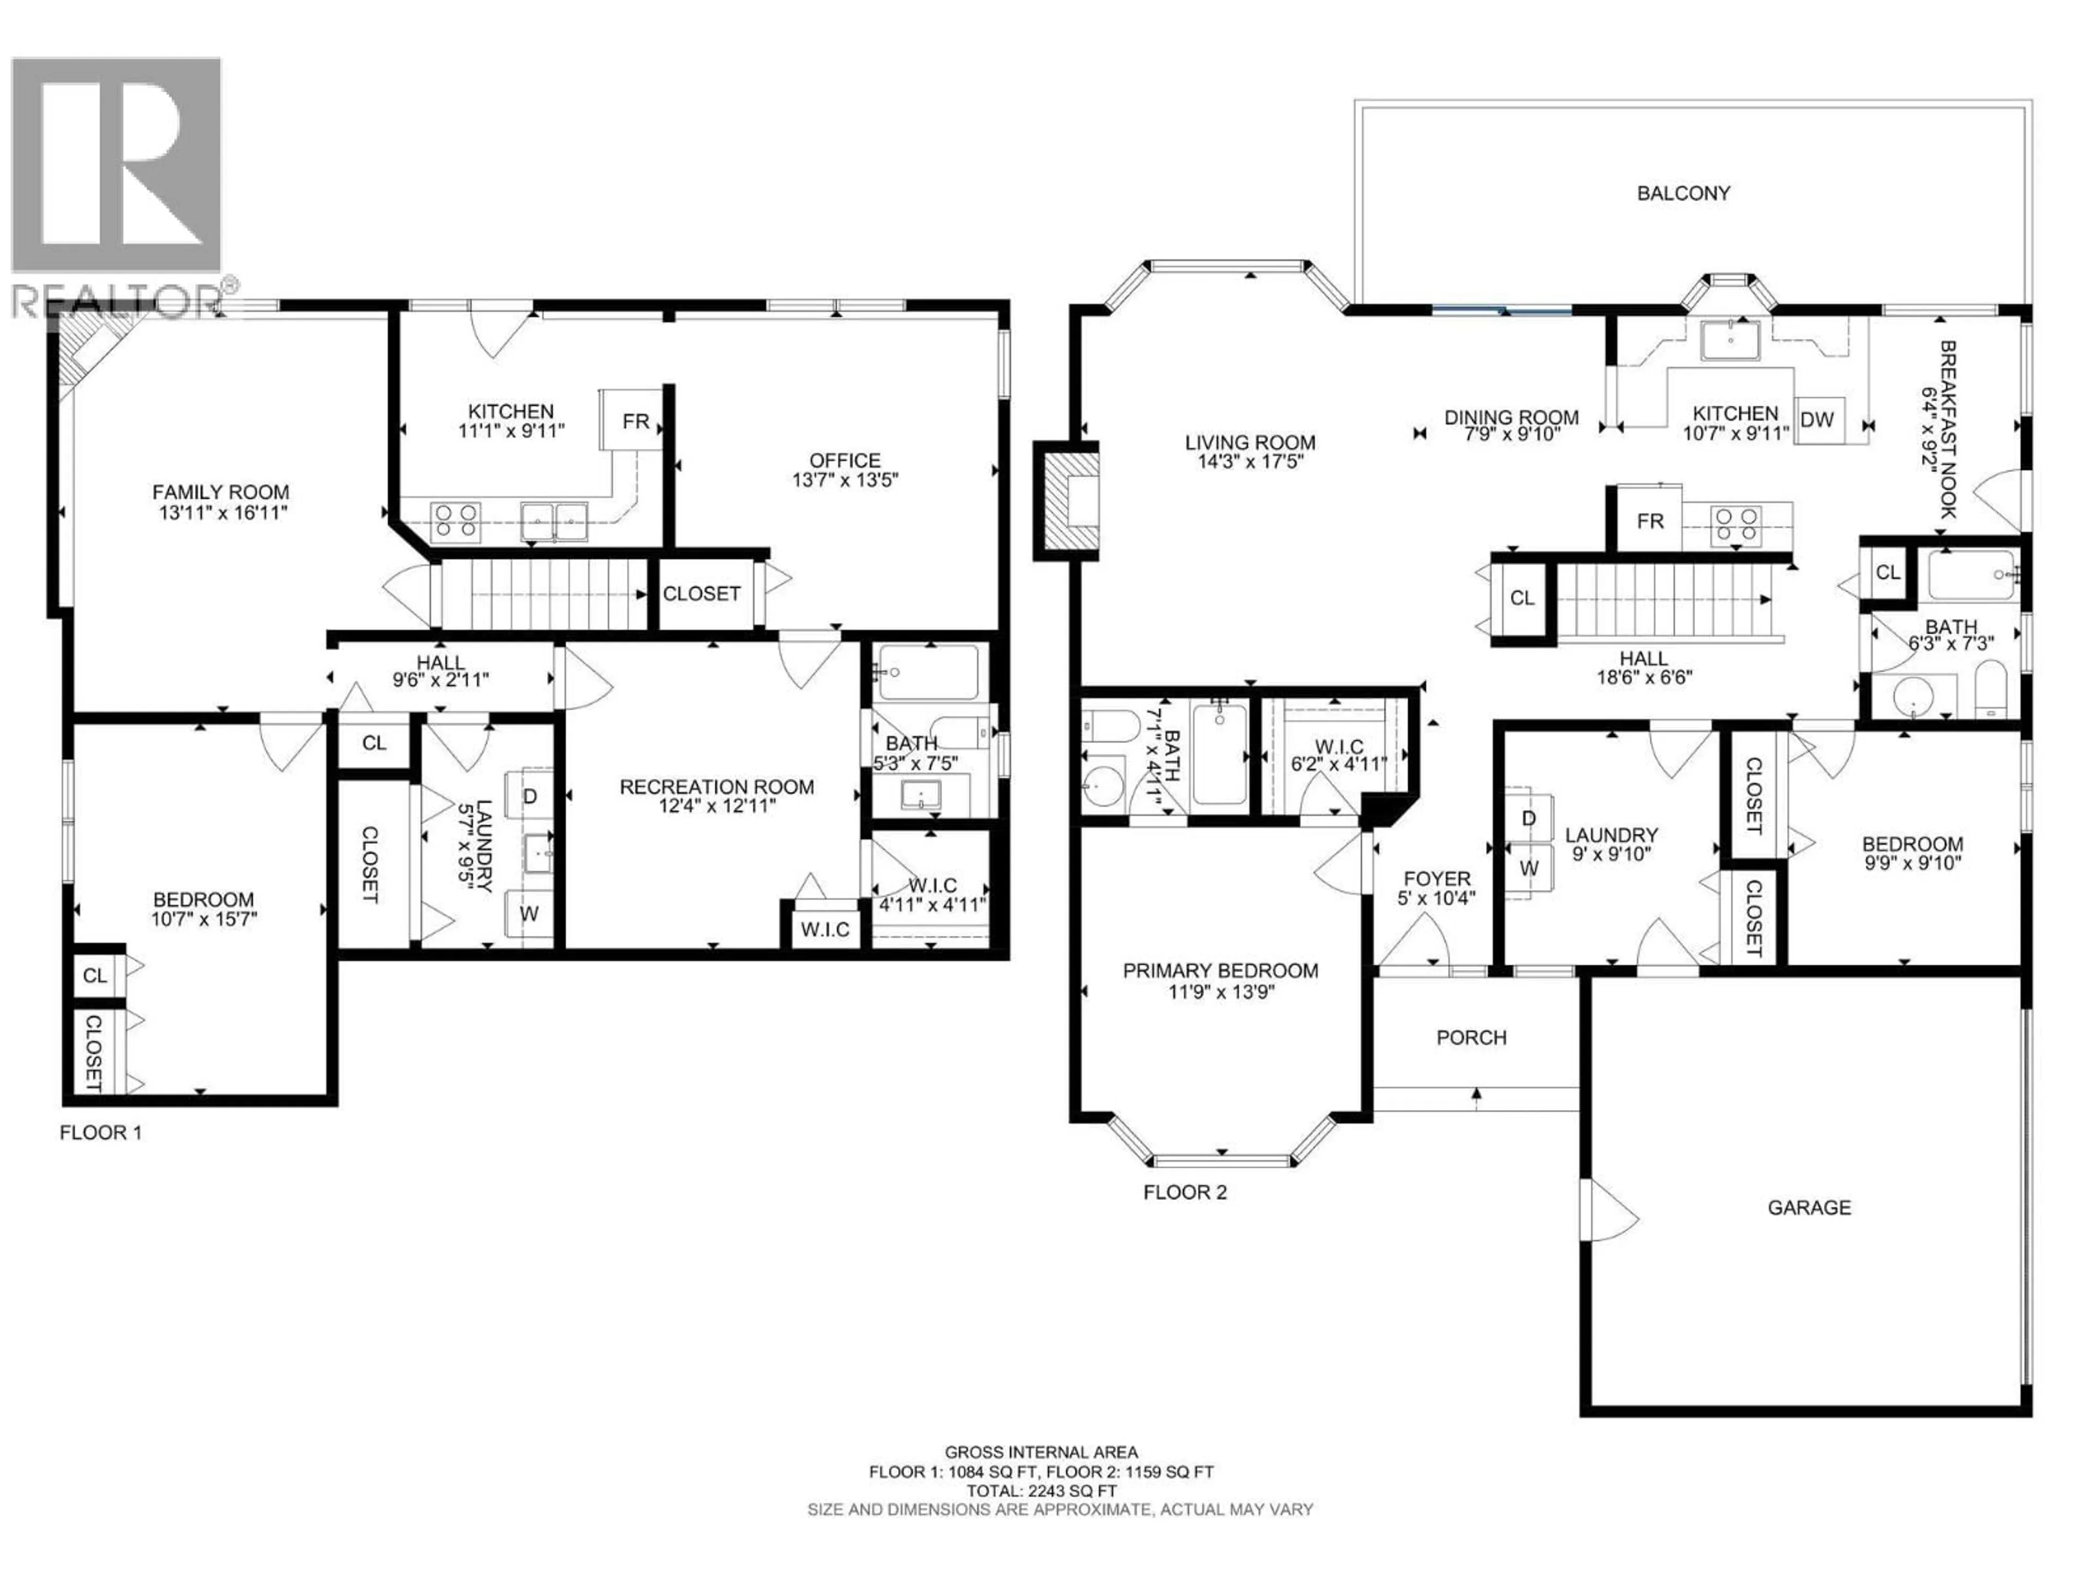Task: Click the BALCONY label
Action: tap(1683, 193)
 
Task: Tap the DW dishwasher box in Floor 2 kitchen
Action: tap(1817, 419)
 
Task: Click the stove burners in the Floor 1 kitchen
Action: tap(456, 522)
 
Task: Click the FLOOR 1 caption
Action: tap(100, 1132)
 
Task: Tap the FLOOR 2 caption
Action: tap(1185, 1192)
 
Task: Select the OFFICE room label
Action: tap(845, 460)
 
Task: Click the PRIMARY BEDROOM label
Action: tap(1220, 970)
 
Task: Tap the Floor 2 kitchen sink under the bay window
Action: tap(1729, 341)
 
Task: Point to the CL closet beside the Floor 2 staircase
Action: tap(1522, 598)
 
